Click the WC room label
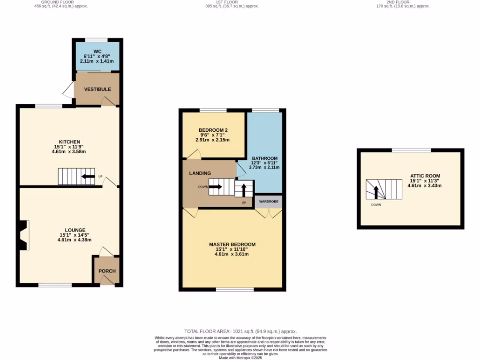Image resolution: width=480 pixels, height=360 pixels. [x=97, y=51]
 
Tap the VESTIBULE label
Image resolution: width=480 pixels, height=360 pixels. [x=97, y=89]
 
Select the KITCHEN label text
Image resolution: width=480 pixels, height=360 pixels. [x=69, y=142]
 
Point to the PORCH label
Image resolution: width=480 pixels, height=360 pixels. [x=107, y=271]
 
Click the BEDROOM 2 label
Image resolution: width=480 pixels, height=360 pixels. [x=213, y=130]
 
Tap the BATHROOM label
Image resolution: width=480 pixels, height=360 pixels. [x=265, y=158]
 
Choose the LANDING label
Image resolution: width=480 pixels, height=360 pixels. [x=200, y=173]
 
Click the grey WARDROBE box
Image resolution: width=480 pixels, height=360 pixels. [x=269, y=202]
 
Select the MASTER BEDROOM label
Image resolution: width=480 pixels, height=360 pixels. [x=232, y=244]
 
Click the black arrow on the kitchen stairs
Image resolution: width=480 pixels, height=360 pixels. [x=88, y=177]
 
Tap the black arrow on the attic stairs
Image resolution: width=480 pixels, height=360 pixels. [x=375, y=191]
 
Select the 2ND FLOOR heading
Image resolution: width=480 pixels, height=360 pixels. [x=404, y=2]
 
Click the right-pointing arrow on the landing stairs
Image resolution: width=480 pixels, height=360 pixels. [x=216, y=187]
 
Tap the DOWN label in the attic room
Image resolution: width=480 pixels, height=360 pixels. [x=376, y=205]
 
